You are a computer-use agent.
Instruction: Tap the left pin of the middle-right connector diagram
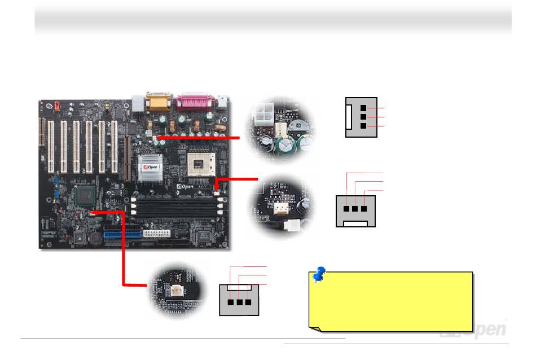[346, 208]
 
